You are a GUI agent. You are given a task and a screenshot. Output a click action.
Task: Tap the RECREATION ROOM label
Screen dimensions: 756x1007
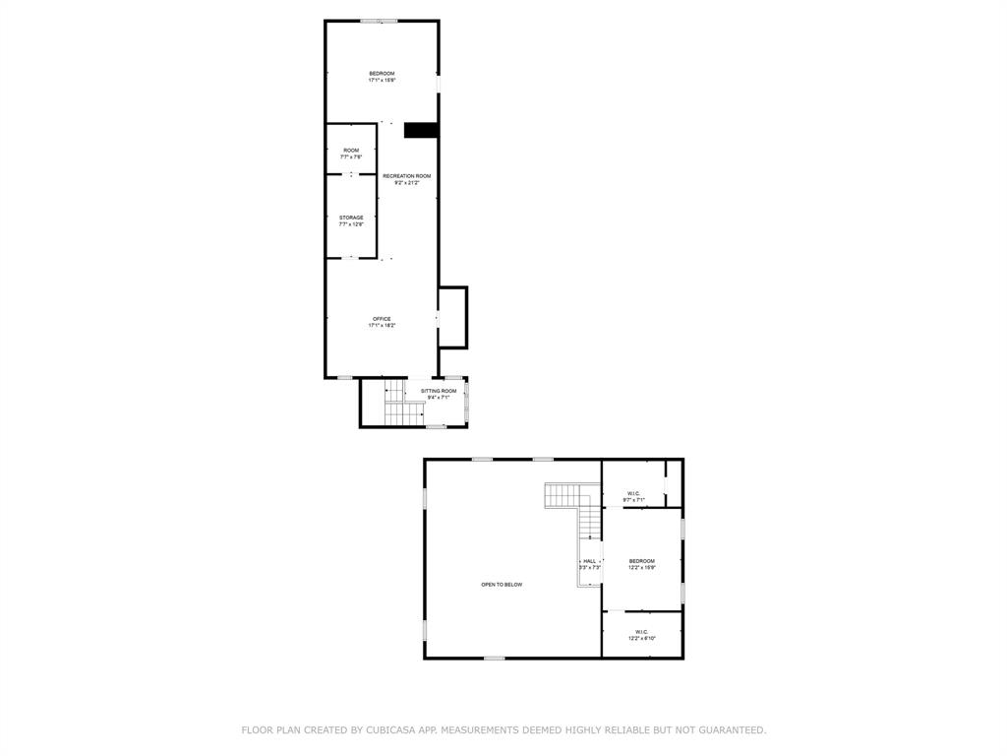406,176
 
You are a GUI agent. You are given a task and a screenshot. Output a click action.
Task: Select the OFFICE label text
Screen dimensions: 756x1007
382,319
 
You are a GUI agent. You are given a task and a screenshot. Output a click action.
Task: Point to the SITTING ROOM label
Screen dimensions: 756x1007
439,392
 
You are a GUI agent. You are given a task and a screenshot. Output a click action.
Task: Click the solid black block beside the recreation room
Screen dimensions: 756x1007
421,130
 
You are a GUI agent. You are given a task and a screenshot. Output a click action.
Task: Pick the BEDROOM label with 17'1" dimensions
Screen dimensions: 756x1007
382,74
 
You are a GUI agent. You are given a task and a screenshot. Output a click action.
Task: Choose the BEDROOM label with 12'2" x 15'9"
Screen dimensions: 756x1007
641,561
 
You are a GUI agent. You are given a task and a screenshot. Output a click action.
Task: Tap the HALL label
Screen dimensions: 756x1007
589,561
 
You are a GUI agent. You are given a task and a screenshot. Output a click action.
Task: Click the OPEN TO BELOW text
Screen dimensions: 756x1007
502,585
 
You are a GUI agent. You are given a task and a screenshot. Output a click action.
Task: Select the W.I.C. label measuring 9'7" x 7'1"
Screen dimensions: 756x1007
634,494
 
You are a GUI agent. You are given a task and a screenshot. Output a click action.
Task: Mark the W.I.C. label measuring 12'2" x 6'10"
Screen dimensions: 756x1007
641,632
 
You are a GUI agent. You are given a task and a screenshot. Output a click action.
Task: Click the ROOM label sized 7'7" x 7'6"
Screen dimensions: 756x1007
351,151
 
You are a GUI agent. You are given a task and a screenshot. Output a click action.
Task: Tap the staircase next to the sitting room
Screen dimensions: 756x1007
401,412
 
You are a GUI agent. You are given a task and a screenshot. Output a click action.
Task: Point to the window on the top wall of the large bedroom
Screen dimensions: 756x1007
379,21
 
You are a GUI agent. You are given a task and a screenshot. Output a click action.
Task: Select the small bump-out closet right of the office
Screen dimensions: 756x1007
452,317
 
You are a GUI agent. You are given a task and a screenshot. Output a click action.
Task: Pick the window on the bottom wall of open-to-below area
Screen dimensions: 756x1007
494,658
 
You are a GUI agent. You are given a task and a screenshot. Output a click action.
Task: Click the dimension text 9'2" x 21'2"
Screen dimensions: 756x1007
406,183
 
